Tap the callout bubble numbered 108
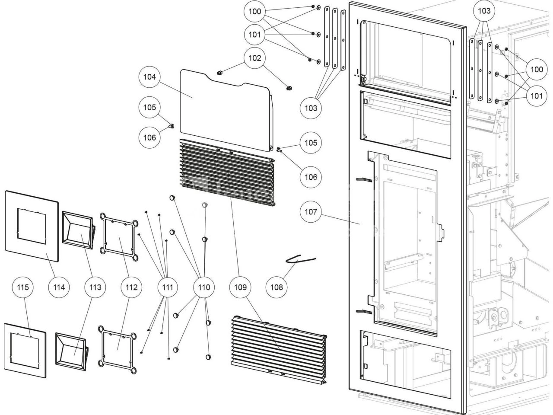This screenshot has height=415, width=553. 277,287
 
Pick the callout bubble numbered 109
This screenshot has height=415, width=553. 241,287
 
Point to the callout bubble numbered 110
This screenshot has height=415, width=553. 204,287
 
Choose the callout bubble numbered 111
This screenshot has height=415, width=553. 168,287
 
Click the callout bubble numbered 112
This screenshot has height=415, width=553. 131,287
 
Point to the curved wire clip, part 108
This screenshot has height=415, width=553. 301,259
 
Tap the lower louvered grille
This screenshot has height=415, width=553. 276,350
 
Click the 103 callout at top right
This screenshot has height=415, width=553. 484,11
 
